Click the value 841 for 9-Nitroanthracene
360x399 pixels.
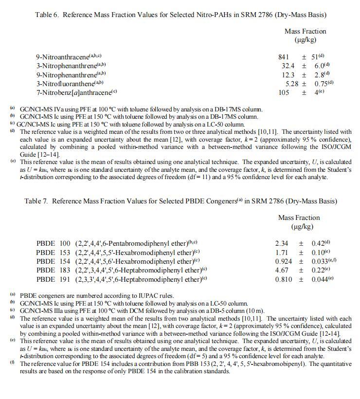(284, 57)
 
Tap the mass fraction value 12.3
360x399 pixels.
(288, 74)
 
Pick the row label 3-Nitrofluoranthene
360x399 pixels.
(63, 83)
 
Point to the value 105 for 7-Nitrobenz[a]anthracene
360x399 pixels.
(284, 92)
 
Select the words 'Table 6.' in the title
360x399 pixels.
(47, 15)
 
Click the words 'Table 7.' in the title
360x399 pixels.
(37, 201)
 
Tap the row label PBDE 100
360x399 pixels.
(53, 243)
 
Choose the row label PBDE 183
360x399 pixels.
(53, 270)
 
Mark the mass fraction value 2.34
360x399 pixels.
(282, 243)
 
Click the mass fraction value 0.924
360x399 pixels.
(284, 261)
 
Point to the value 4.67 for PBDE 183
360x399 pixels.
(282, 270)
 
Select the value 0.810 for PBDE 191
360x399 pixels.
(284, 279)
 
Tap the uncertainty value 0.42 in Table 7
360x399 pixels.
(319, 243)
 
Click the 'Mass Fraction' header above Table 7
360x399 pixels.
(299, 218)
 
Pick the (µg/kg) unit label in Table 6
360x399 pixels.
(305, 39)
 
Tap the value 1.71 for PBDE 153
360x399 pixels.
(282, 253)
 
